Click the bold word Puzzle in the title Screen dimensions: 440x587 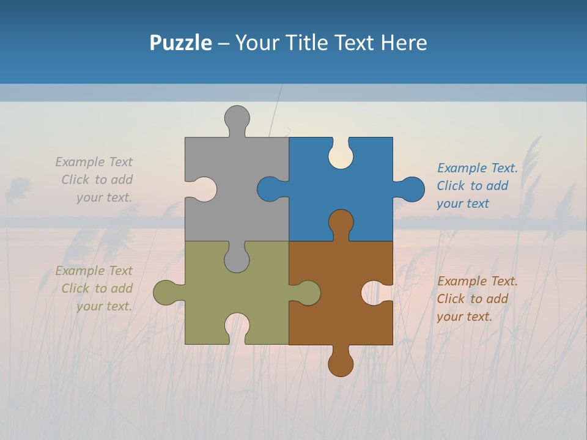[x=180, y=43]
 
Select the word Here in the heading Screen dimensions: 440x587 [x=404, y=43]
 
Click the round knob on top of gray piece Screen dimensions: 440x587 [x=237, y=117]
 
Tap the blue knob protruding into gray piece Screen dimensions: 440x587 [x=269, y=189]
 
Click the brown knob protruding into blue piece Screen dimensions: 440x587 [x=341, y=222]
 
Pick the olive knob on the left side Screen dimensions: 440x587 [x=165, y=293]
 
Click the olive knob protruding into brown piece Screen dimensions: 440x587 [x=308, y=293]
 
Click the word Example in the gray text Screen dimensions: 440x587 [x=80, y=162]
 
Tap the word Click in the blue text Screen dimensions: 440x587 [x=451, y=186]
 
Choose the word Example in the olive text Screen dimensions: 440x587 [x=80, y=271]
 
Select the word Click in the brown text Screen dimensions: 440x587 [x=451, y=299]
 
